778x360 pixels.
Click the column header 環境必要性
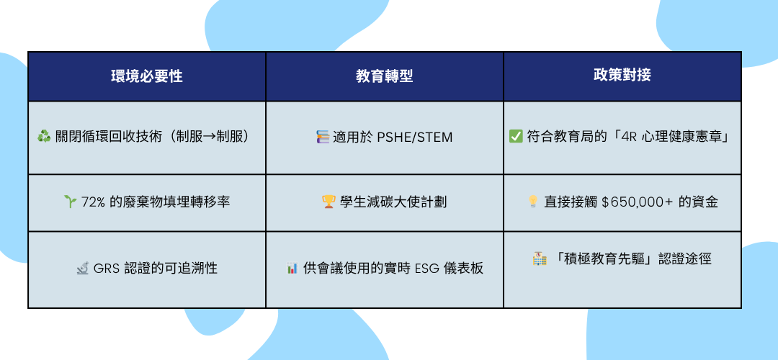(x=147, y=76)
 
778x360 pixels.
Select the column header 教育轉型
(x=385, y=76)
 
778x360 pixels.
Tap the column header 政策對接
(x=622, y=75)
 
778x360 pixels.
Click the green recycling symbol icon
(x=44, y=137)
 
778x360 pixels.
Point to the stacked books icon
(x=323, y=137)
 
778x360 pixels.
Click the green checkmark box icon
(x=516, y=136)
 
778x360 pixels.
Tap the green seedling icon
(x=69, y=202)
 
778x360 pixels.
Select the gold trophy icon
(x=328, y=202)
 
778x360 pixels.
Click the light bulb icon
(x=533, y=202)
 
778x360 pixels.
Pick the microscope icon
(x=82, y=269)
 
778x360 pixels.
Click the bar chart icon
(x=292, y=269)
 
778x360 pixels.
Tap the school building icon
(x=540, y=258)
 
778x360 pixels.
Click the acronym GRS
(x=104, y=269)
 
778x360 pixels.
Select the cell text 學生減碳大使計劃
(x=393, y=202)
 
